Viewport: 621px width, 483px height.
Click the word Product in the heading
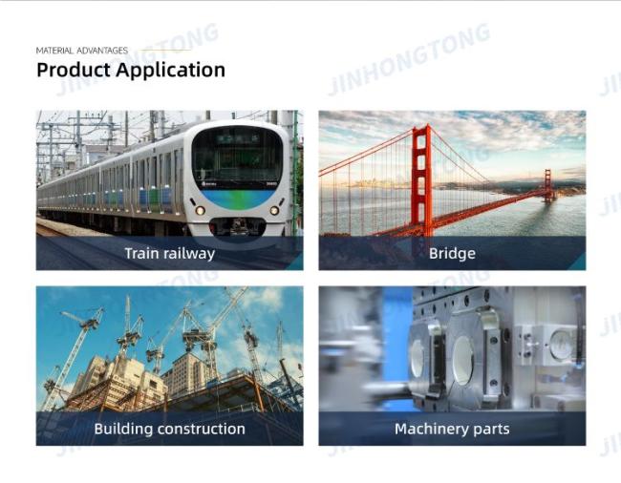click(74, 70)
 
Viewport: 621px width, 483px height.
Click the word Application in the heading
click(171, 71)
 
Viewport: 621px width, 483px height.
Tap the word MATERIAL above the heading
click(54, 51)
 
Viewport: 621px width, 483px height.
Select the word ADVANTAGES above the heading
click(102, 51)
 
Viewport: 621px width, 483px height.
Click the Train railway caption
click(170, 253)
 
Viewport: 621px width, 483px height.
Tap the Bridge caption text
click(452, 253)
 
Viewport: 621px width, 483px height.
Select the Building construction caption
click(169, 429)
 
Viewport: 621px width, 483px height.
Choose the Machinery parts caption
click(452, 430)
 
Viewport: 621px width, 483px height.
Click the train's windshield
click(237, 156)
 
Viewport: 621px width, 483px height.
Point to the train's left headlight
click(200, 210)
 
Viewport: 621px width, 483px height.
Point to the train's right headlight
click(274, 210)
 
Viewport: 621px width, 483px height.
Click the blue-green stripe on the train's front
click(237, 199)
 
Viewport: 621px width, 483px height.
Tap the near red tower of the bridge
click(421, 180)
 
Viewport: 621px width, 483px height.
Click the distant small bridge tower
click(547, 185)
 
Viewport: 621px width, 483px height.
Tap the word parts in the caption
click(492, 430)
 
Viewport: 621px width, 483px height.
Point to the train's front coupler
click(237, 226)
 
